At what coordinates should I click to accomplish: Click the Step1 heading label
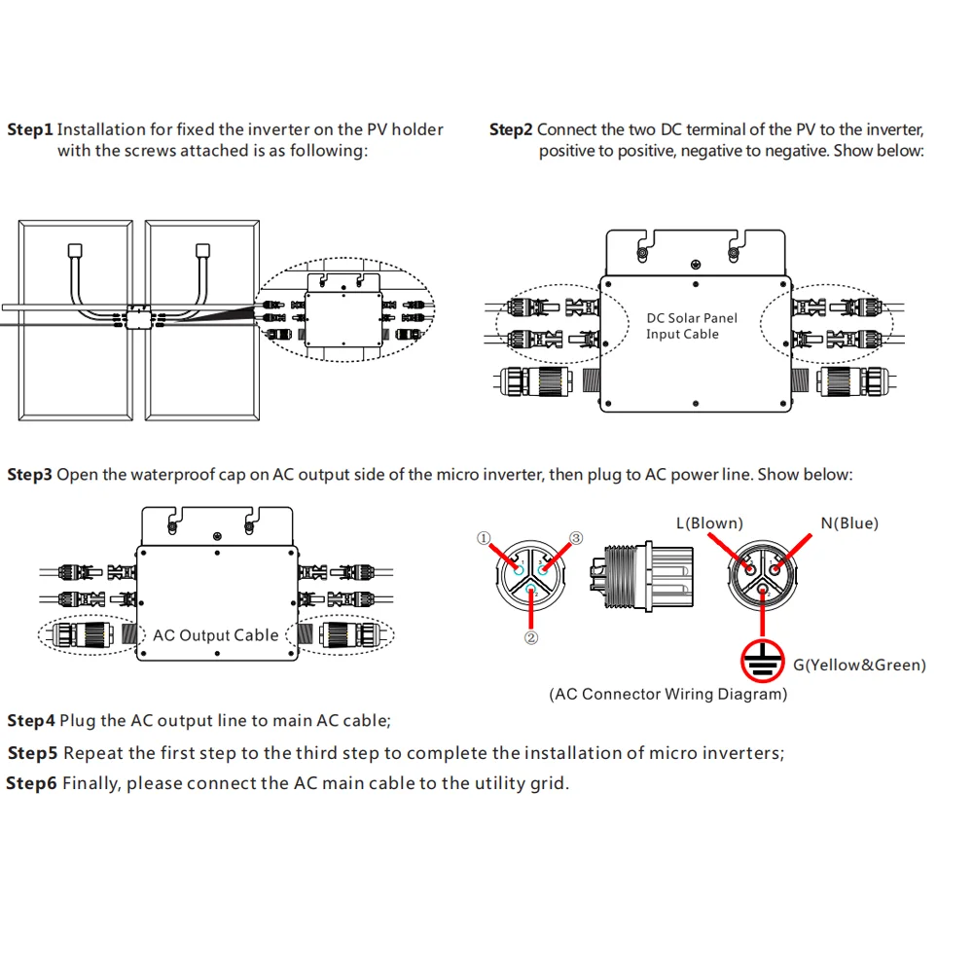(x=29, y=129)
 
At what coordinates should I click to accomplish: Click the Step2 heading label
(x=511, y=129)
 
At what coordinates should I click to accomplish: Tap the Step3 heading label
(x=29, y=475)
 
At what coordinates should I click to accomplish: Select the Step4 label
(x=31, y=721)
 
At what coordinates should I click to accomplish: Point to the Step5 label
(x=33, y=753)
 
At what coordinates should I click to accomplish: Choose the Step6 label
(x=32, y=783)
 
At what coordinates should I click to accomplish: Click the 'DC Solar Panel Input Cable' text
(x=692, y=326)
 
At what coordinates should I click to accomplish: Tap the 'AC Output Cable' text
(x=216, y=635)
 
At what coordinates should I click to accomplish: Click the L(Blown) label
(x=709, y=523)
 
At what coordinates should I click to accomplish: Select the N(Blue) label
(x=848, y=523)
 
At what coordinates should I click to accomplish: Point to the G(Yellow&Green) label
(x=859, y=666)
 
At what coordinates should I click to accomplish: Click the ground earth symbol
(x=763, y=664)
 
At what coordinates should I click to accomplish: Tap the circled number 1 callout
(x=484, y=538)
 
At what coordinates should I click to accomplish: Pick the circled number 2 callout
(x=531, y=639)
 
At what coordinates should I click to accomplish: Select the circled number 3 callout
(x=576, y=538)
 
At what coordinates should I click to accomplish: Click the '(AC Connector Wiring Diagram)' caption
(x=668, y=695)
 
